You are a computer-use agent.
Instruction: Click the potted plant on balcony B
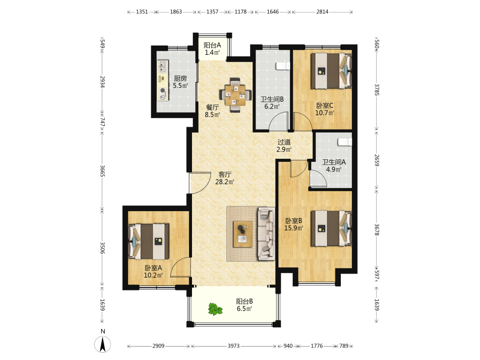215,309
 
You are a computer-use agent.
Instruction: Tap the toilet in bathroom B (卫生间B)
283,66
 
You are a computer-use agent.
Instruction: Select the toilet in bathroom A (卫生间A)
345,142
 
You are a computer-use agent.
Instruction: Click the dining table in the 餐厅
235,96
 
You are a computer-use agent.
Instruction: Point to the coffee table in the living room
243,234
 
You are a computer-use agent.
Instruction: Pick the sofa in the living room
266,234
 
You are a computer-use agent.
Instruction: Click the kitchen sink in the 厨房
163,66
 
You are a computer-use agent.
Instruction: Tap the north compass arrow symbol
103,344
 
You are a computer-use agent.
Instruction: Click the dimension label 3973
233,346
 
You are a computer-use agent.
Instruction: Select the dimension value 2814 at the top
323,12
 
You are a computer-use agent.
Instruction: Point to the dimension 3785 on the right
377,90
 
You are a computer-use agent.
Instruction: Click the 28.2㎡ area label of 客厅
225,182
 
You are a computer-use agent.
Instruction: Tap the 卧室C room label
325,106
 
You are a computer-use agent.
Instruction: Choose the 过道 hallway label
284,142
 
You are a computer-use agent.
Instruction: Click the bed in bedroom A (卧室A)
148,241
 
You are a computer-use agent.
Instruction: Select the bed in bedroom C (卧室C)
331,71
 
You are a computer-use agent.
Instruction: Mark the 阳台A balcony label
213,45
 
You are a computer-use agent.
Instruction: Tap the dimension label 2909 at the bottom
158,346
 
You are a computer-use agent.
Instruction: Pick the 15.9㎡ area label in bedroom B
294,228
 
